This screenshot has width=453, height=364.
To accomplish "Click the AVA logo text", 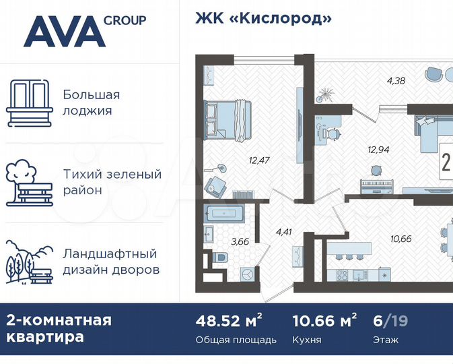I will pos(64,32).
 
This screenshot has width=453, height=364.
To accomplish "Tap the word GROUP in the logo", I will pos(125,20).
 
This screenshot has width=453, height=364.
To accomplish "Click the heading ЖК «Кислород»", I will pos(264,18).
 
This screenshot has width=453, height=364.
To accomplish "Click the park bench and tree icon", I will pos(30,182).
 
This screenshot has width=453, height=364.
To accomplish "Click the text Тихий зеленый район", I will pos(112,182).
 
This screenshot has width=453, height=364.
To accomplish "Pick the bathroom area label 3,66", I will pos(240,241).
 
